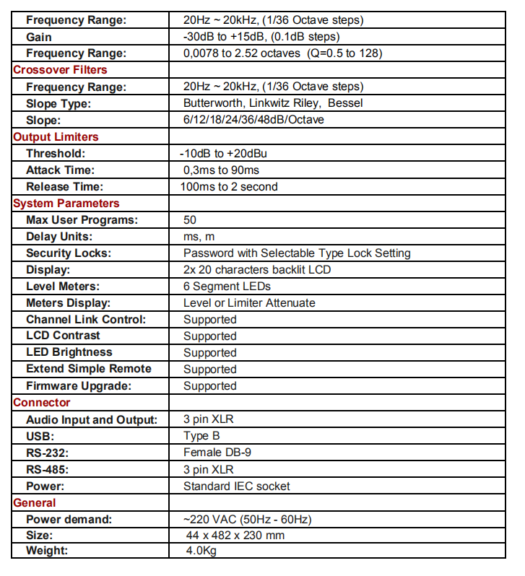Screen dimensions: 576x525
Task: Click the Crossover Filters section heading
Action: [60, 70]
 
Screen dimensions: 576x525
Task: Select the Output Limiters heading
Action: [56, 136]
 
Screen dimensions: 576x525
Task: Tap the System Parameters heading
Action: [66, 204]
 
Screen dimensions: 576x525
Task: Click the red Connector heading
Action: [42, 403]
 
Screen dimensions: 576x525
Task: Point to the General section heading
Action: [35, 502]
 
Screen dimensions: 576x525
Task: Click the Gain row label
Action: [39, 37]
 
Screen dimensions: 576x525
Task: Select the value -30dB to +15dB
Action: [261, 37]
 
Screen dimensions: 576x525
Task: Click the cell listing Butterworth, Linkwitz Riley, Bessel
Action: [273, 103]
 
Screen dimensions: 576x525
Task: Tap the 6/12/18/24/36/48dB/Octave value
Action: [253, 120]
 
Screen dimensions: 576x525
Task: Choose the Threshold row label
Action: [56, 154]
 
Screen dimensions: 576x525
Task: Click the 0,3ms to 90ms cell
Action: [221, 170]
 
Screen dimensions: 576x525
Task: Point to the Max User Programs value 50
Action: [190, 220]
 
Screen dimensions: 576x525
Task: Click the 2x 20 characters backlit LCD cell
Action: [257, 270]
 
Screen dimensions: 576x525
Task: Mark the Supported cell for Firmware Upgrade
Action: [209, 386]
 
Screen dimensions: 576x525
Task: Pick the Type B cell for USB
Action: [201, 436]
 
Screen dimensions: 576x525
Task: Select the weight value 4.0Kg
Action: [201, 552]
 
